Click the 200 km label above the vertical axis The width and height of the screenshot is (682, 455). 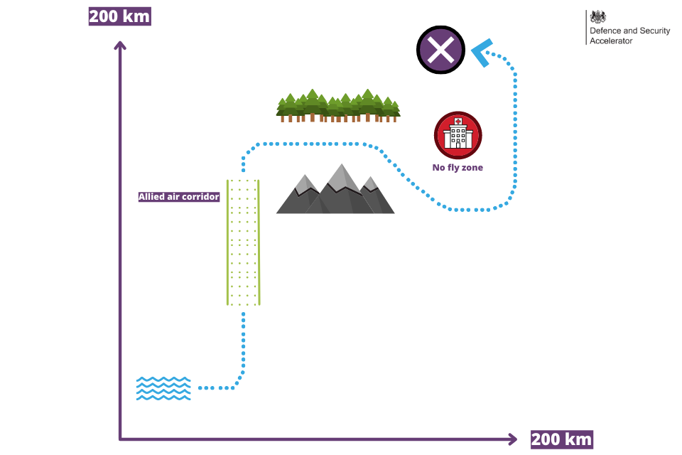(x=119, y=16)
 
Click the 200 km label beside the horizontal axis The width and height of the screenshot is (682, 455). (x=561, y=439)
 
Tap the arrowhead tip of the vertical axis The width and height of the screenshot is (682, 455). (x=120, y=42)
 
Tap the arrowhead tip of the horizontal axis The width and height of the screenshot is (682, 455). (x=516, y=439)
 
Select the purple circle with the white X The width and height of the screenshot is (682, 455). (x=440, y=50)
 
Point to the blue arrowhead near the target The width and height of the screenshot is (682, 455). (x=481, y=52)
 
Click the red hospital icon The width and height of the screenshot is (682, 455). (x=458, y=135)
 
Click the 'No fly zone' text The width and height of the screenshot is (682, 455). (x=458, y=168)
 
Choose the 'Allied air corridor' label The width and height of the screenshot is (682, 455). (x=179, y=197)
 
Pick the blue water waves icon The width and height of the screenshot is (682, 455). (x=163, y=388)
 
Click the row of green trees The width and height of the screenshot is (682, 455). (x=338, y=106)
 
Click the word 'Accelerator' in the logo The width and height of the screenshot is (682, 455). (x=611, y=41)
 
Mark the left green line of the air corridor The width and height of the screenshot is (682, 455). (x=227, y=242)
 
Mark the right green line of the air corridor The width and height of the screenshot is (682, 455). (x=259, y=242)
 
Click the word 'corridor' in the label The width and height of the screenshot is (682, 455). (x=201, y=197)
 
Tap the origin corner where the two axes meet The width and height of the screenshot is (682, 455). (x=120, y=439)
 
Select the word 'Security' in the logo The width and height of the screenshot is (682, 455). (x=654, y=31)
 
